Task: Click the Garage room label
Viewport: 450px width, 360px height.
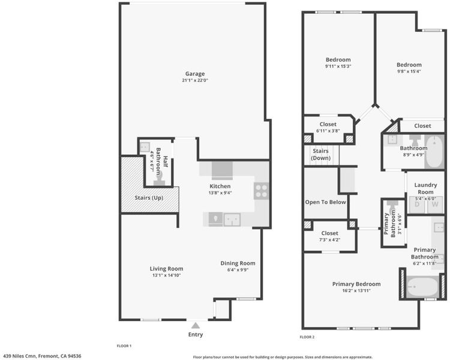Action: [x=195, y=73]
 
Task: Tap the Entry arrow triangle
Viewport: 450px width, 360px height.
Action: [x=196, y=326]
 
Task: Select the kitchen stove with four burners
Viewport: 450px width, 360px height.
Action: [x=262, y=191]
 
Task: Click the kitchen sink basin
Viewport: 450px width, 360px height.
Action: [x=232, y=220]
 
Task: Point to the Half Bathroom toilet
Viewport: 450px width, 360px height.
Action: [x=159, y=179]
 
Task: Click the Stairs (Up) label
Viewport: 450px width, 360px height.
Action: [x=149, y=198]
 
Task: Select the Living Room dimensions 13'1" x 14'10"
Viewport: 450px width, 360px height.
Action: [x=166, y=275]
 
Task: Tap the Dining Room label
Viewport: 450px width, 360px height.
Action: [x=238, y=263]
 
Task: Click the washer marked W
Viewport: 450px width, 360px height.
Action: [x=435, y=205]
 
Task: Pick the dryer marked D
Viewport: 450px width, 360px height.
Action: [x=417, y=205]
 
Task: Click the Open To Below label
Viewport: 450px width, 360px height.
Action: [x=325, y=202]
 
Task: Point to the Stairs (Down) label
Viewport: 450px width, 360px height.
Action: [x=320, y=154]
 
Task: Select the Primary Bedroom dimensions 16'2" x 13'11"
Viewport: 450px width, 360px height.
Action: [x=356, y=290]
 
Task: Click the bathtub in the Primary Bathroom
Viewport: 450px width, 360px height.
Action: [x=422, y=287]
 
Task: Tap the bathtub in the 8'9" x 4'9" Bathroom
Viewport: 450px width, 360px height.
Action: [x=434, y=152]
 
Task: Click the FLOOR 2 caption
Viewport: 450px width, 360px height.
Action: [x=307, y=337]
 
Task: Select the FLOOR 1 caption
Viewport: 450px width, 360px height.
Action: [x=124, y=346]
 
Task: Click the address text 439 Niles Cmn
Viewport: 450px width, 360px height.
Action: [x=20, y=356]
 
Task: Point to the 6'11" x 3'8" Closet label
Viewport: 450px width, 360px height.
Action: [x=328, y=124]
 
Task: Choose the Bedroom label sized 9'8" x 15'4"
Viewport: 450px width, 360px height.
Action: [x=409, y=65]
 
